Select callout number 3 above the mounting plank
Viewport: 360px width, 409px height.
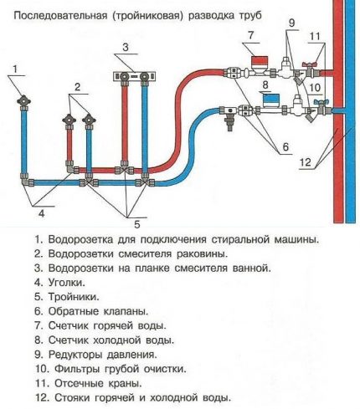(x=124, y=47)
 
